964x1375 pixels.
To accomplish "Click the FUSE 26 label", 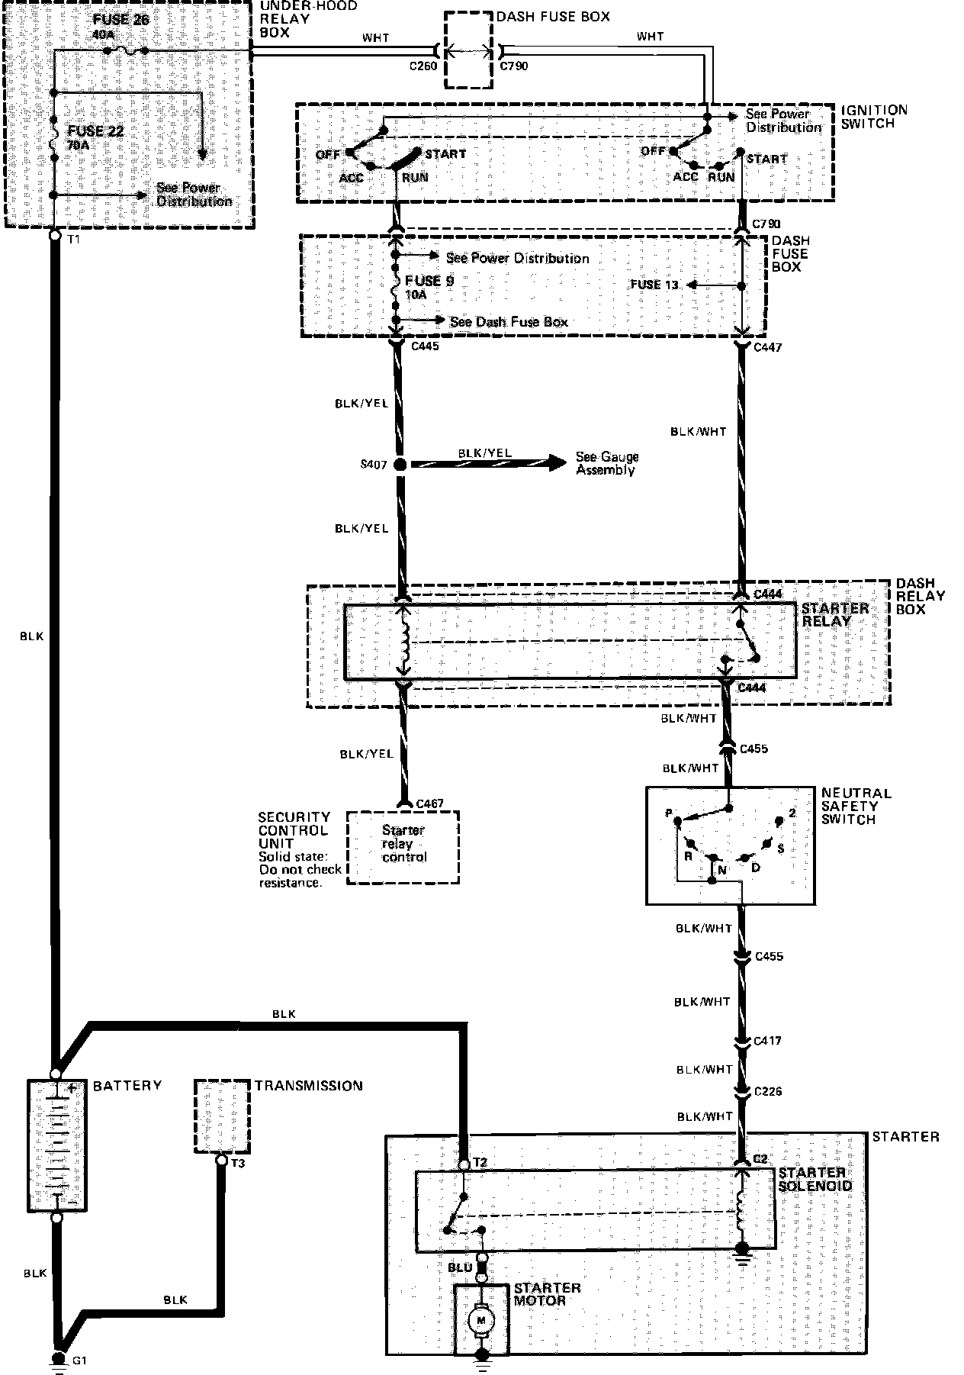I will [x=121, y=20].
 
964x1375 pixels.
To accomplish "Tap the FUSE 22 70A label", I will [x=95, y=137].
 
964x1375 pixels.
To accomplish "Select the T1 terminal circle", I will [x=55, y=237].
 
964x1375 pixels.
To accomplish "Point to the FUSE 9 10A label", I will [x=429, y=287].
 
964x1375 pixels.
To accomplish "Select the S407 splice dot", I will [x=399, y=464].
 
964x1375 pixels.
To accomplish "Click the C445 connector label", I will [x=425, y=347].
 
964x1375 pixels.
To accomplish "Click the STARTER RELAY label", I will [x=834, y=614].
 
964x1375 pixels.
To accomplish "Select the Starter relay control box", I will [x=403, y=847].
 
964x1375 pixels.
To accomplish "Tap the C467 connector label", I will [x=429, y=804].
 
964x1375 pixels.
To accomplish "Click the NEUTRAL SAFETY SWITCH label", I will [x=856, y=806].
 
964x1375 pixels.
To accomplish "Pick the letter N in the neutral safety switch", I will [x=721, y=868].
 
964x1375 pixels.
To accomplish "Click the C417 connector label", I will [x=766, y=1041].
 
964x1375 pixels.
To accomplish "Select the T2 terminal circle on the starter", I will [x=463, y=1165].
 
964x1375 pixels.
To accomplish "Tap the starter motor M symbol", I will [x=481, y=1319].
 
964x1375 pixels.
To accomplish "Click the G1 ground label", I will [x=79, y=1359].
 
